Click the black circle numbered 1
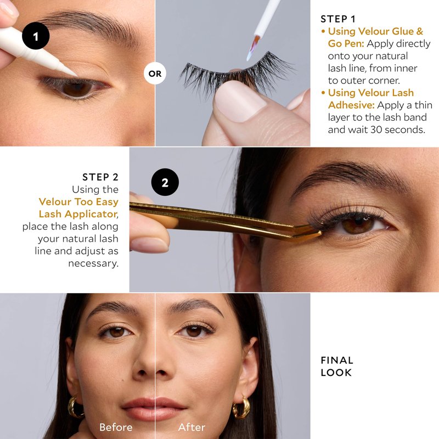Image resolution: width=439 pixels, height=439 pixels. (36, 36)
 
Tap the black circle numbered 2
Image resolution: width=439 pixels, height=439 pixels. (165, 182)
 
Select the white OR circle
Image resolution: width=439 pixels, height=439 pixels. (155, 74)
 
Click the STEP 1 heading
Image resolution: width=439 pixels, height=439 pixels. (338, 19)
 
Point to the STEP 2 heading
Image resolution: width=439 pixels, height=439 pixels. (100, 177)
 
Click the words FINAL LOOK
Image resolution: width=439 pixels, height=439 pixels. (337, 366)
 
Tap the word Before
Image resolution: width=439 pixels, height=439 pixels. (116, 427)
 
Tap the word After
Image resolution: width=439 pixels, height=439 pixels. (192, 427)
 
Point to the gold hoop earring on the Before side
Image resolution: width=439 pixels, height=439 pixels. (76, 407)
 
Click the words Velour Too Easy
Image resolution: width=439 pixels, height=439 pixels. (78, 202)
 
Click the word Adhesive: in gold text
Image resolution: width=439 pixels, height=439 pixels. (351, 105)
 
